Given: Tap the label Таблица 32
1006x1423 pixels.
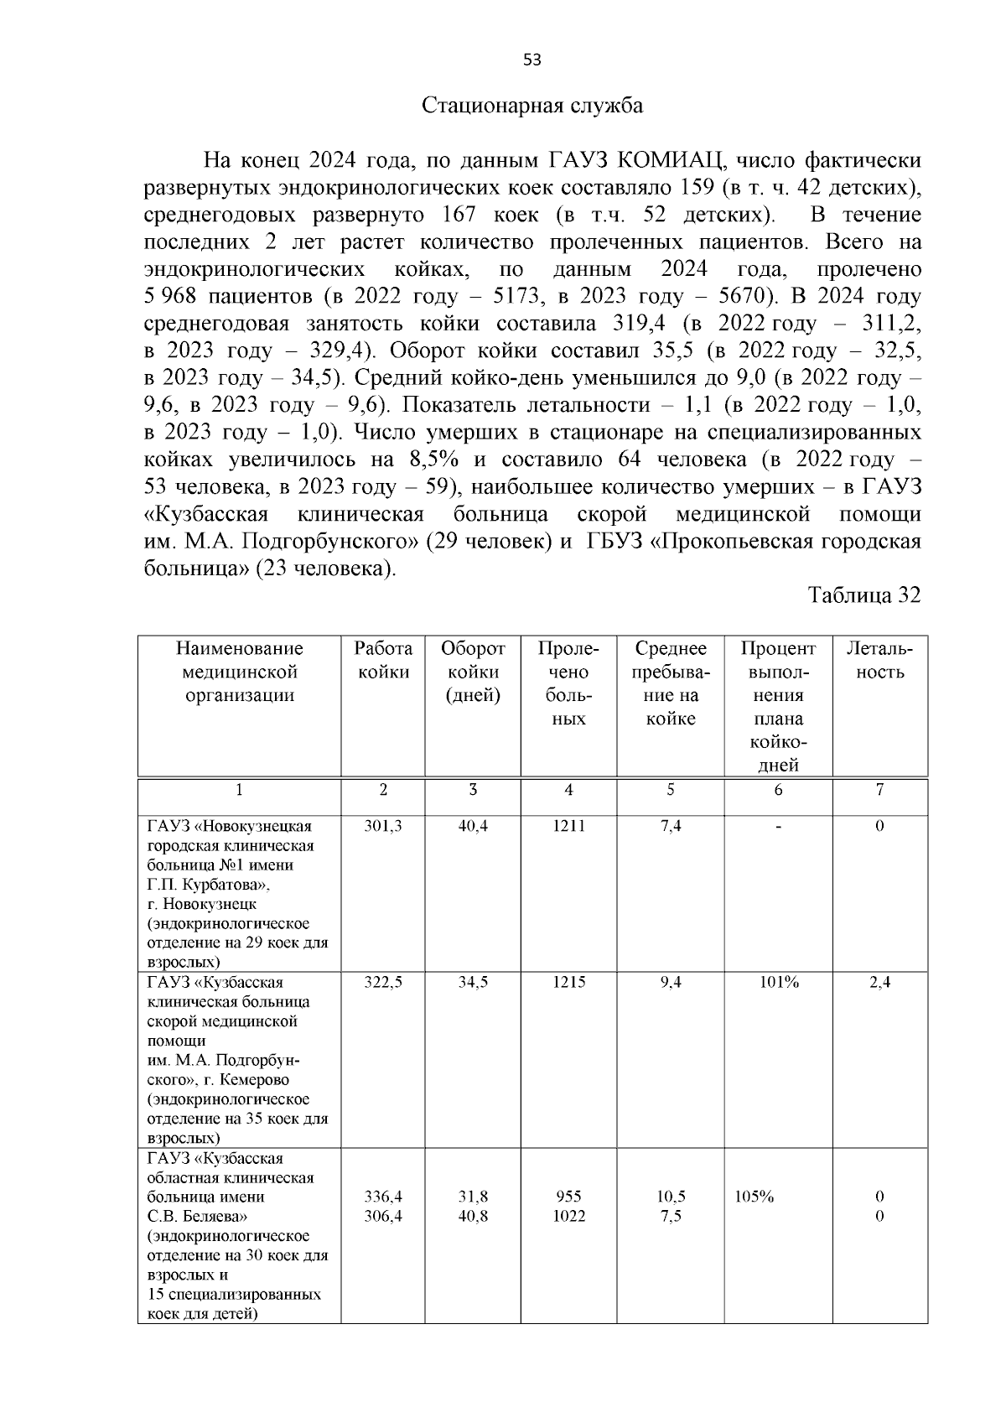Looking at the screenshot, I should [x=863, y=595].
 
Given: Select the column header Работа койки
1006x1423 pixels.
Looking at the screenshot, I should [x=383, y=660].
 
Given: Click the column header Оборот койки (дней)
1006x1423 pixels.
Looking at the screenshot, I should [x=473, y=672].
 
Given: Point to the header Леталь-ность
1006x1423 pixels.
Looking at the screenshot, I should [x=879, y=660].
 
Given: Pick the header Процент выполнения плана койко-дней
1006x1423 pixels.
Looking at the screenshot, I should [x=777, y=706].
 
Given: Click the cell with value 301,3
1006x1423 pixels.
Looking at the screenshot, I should [x=383, y=826].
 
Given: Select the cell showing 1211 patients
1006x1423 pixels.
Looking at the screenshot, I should [x=568, y=826].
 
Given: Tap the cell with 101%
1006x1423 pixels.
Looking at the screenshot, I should [x=778, y=983].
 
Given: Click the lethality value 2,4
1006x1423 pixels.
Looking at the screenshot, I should [x=879, y=983].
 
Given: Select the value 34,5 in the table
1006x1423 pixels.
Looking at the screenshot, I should [x=473, y=983].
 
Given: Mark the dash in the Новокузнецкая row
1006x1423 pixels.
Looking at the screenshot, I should [x=778, y=827].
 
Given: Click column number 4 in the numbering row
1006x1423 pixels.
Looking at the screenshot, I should [x=568, y=790].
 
